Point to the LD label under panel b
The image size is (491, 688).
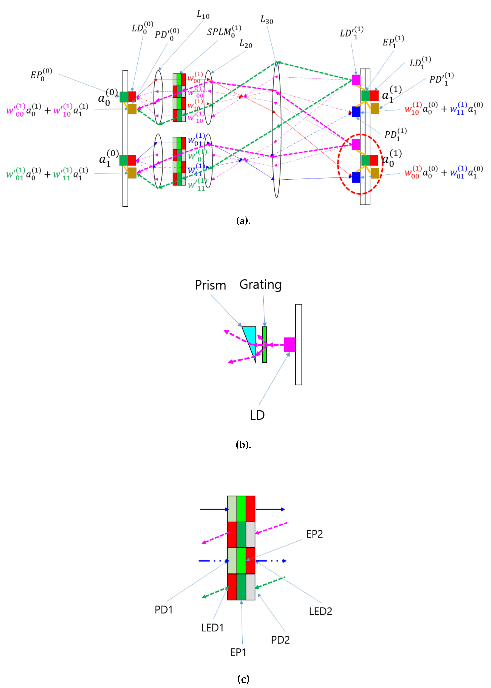click(x=257, y=415)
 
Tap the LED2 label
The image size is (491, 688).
click(x=320, y=611)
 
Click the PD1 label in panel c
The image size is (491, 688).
click(x=164, y=610)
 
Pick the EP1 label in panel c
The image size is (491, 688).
click(x=238, y=652)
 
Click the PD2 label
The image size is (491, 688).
click(x=280, y=640)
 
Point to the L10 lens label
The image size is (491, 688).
click(x=203, y=15)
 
